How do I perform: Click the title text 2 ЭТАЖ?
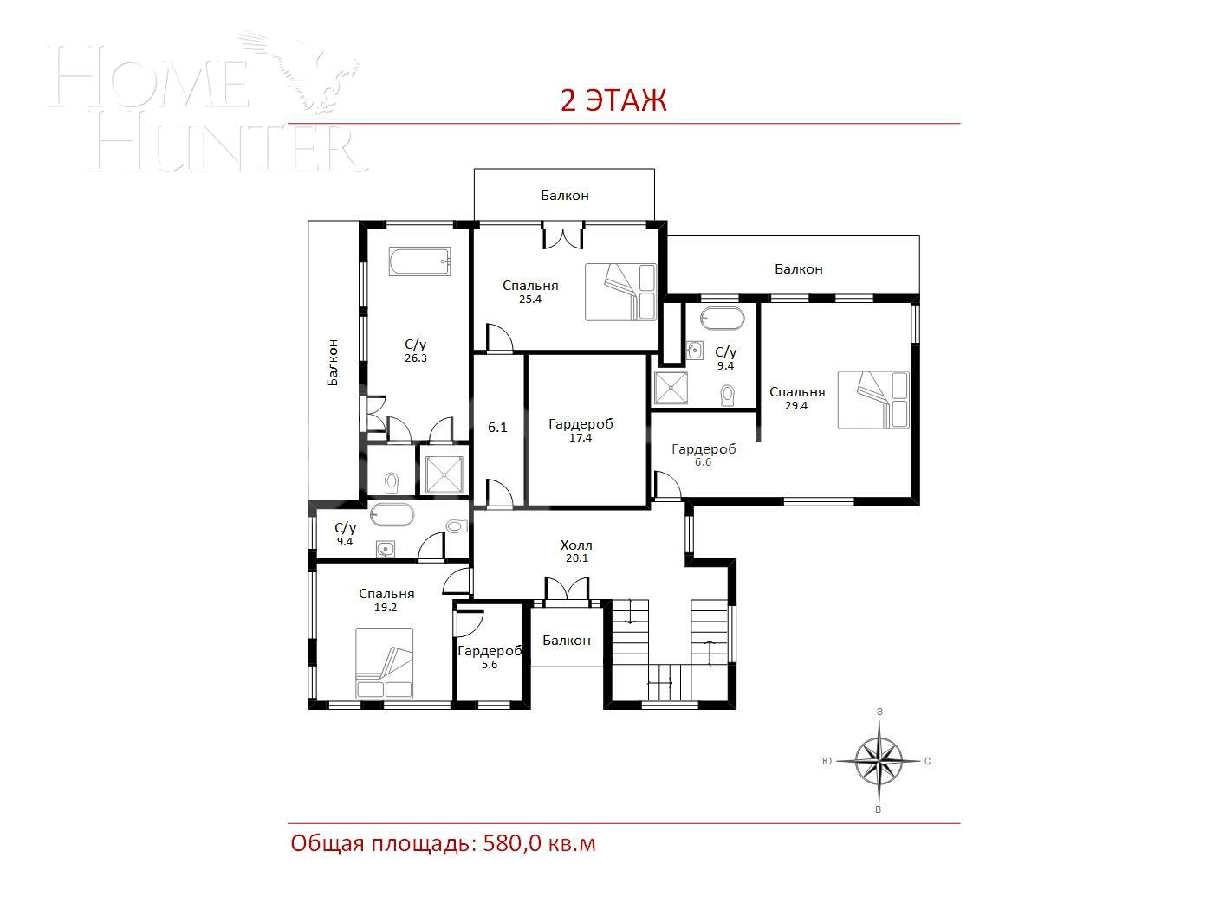[613, 100]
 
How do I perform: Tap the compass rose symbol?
[879, 761]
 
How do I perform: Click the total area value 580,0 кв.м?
[537, 843]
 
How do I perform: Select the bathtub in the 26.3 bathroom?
[420, 262]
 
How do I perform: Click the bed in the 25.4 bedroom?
[620, 292]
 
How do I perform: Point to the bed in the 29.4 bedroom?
[873, 399]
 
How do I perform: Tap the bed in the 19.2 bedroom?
[384, 663]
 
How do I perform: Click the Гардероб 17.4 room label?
[581, 430]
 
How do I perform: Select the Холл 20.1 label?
[576, 551]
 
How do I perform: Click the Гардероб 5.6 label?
[490, 658]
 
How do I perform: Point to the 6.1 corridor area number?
[497, 428]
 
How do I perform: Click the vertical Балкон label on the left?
[333, 362]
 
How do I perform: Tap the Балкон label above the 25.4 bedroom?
[565, 196]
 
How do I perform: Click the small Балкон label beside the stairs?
[567, 641]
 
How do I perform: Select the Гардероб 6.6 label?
[704, 455]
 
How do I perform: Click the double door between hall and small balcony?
[567, 590]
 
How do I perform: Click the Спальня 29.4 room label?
[797, 398]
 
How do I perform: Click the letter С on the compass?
[928, 762]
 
